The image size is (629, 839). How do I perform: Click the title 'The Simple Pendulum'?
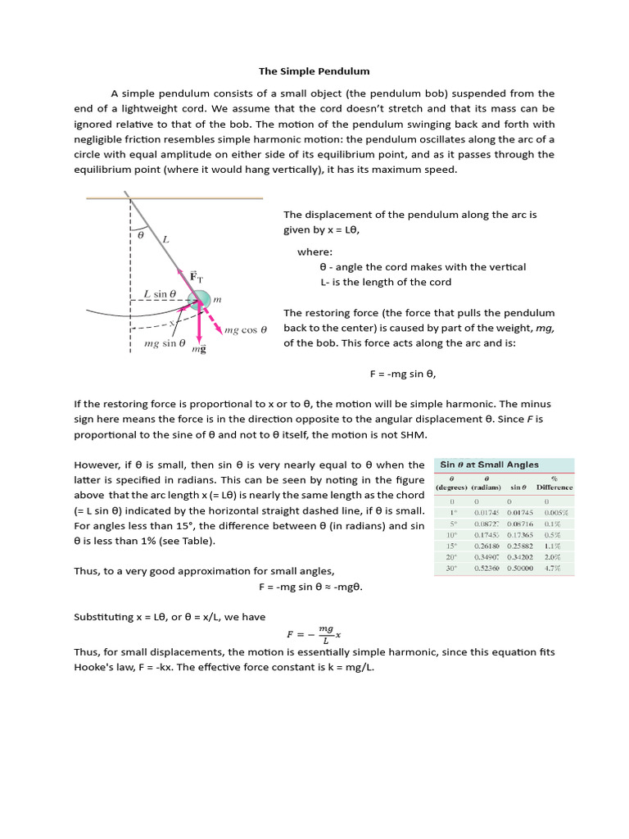[x=314, y=71]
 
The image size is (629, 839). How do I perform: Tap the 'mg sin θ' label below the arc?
[x=165, y=343]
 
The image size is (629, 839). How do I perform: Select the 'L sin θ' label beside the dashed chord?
[x=160, y=293]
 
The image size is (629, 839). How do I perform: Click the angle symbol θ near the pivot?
[x=139, y=234]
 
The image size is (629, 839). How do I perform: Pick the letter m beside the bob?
[x=218, y=301]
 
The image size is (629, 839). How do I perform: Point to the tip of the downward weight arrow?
[x=198, y=338]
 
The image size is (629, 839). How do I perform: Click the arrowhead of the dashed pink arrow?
[x=219, y=330]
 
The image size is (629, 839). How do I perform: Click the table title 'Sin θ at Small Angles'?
[x=490, y=465]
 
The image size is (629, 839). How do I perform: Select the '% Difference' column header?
[x=554, y=482]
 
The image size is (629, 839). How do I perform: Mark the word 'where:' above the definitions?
[x=314, y=252]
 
